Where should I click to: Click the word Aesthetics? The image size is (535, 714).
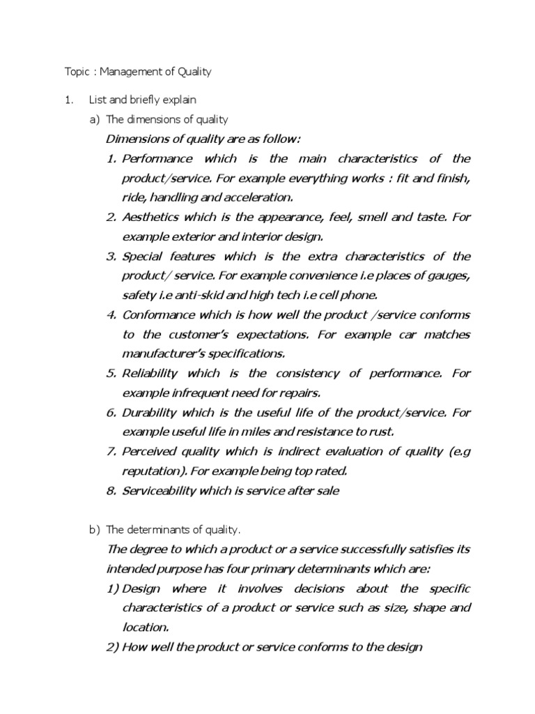(152, 217)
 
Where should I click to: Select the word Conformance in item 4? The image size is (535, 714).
(157, 314)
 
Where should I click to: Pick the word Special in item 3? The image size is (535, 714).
(142, 256)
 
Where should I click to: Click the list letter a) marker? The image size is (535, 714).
(95, 119)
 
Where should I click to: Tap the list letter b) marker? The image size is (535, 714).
(95, 531)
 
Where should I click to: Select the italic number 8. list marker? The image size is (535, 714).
(111, 490)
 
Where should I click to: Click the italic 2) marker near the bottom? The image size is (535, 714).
(112, 646)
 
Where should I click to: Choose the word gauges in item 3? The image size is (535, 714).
(445, 275)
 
